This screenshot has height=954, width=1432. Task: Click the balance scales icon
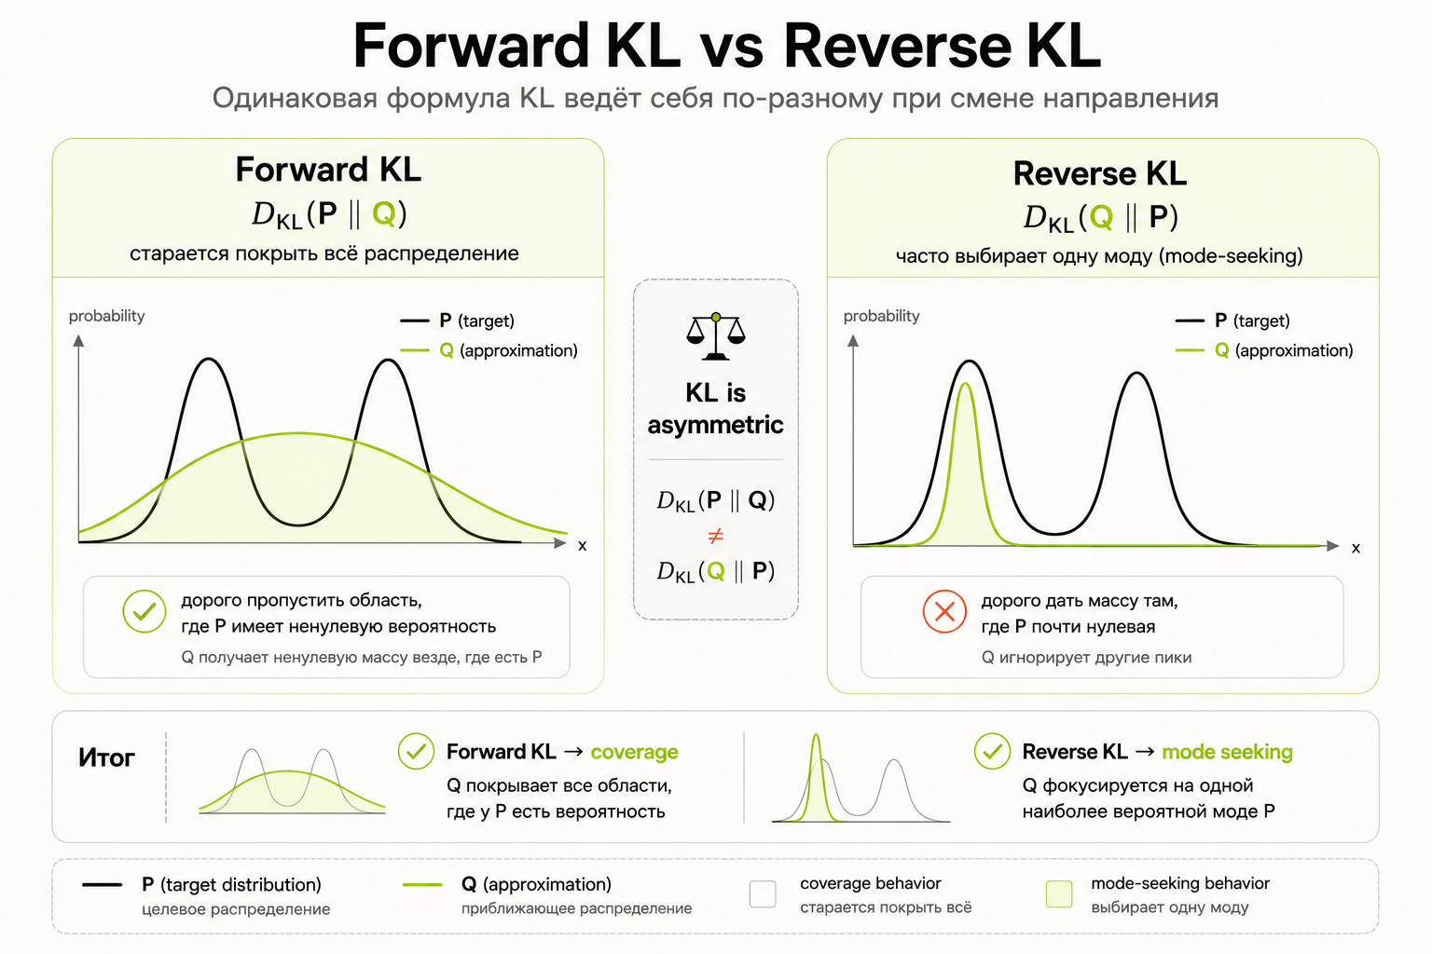click(x=715, y=336)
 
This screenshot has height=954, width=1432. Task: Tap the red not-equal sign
click(x=715, y=536)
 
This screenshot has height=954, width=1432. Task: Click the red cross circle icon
click(x=944, y=611)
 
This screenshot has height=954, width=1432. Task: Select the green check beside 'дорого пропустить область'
click(x=145, y=611)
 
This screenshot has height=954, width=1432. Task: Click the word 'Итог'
click(x=107, y=757)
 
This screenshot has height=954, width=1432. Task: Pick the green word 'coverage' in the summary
click(x=634, y=752)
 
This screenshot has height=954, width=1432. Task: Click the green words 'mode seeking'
click(x=1228, y=752)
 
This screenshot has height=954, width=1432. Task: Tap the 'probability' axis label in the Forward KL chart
click(x=107, y=317)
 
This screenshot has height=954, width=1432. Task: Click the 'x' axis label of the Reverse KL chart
click(x=1356, y=548)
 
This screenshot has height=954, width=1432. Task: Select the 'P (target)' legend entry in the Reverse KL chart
click(x=1232, y=320)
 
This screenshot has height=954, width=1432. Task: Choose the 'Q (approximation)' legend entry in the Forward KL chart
click(x=489, y=350)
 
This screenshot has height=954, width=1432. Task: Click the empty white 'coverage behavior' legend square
click(x=763, y=894)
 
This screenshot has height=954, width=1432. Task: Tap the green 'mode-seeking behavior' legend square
click(x=1059, y=894)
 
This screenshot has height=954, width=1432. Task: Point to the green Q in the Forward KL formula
click(x=384, y=213)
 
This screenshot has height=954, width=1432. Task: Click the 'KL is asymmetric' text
click(x=715, y=409)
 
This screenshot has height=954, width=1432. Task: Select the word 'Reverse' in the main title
click(x=898, y=46)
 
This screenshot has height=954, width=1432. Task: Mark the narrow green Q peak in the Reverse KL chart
click(x=965, y=384)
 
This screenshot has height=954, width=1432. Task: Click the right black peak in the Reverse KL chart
click(x=1137, y=374)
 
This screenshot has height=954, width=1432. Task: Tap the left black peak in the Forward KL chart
click(x=209, y=360)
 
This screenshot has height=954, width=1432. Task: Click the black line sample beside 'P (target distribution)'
click(x=103, y=885)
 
